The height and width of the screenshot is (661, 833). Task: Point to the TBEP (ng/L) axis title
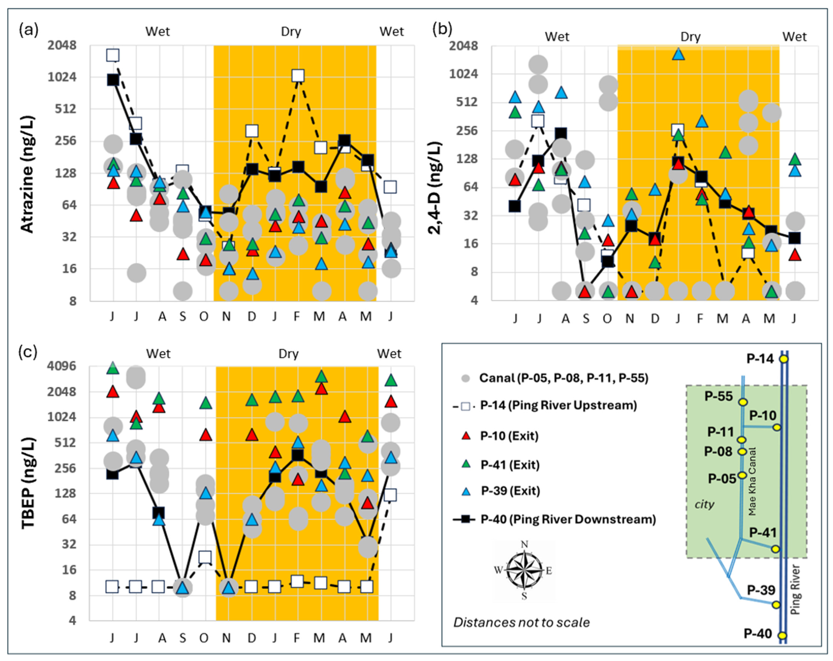pyautogui.click(x=28, y=483)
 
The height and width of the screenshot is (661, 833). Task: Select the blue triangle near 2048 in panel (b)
pyautogui.click(x=679, y=54)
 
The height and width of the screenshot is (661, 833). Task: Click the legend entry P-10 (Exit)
pyautogui.click(x=509, y=436)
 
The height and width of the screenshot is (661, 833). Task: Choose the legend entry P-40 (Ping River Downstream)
pyautogui.click(x=568, y=519)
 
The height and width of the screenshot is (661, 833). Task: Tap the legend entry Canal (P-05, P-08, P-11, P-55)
pyautogui.click(x=563, y=378)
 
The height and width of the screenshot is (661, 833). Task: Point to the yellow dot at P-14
pyautogui.click(x=784, y=359)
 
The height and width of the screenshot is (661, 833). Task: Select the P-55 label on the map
pyautogui.click(x=719, y=396)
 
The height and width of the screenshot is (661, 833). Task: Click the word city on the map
pyautogui.click(x=704, y=504)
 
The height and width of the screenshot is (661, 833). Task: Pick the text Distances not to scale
pyautogui.click(x=521, y=622)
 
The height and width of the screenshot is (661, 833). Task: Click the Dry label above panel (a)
pyautogui.click(x=291, y=32)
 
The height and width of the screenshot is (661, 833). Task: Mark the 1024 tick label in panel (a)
pyautogui.click(x=62, y=77)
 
